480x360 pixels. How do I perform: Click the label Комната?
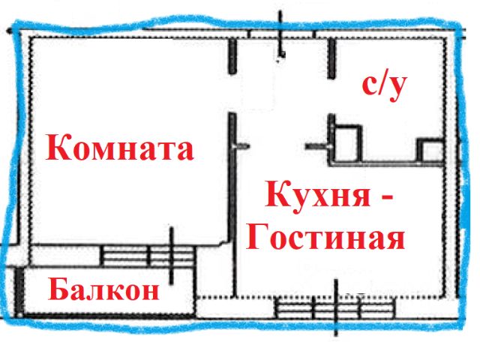click(121, 148)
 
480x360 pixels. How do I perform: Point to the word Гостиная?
click(325, 238)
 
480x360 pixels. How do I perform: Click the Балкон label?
click(104, 289)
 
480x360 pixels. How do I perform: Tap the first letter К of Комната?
click(59, 148)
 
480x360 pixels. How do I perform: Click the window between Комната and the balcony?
click(147, 255)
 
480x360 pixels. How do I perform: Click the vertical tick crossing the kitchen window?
click(337, 307)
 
